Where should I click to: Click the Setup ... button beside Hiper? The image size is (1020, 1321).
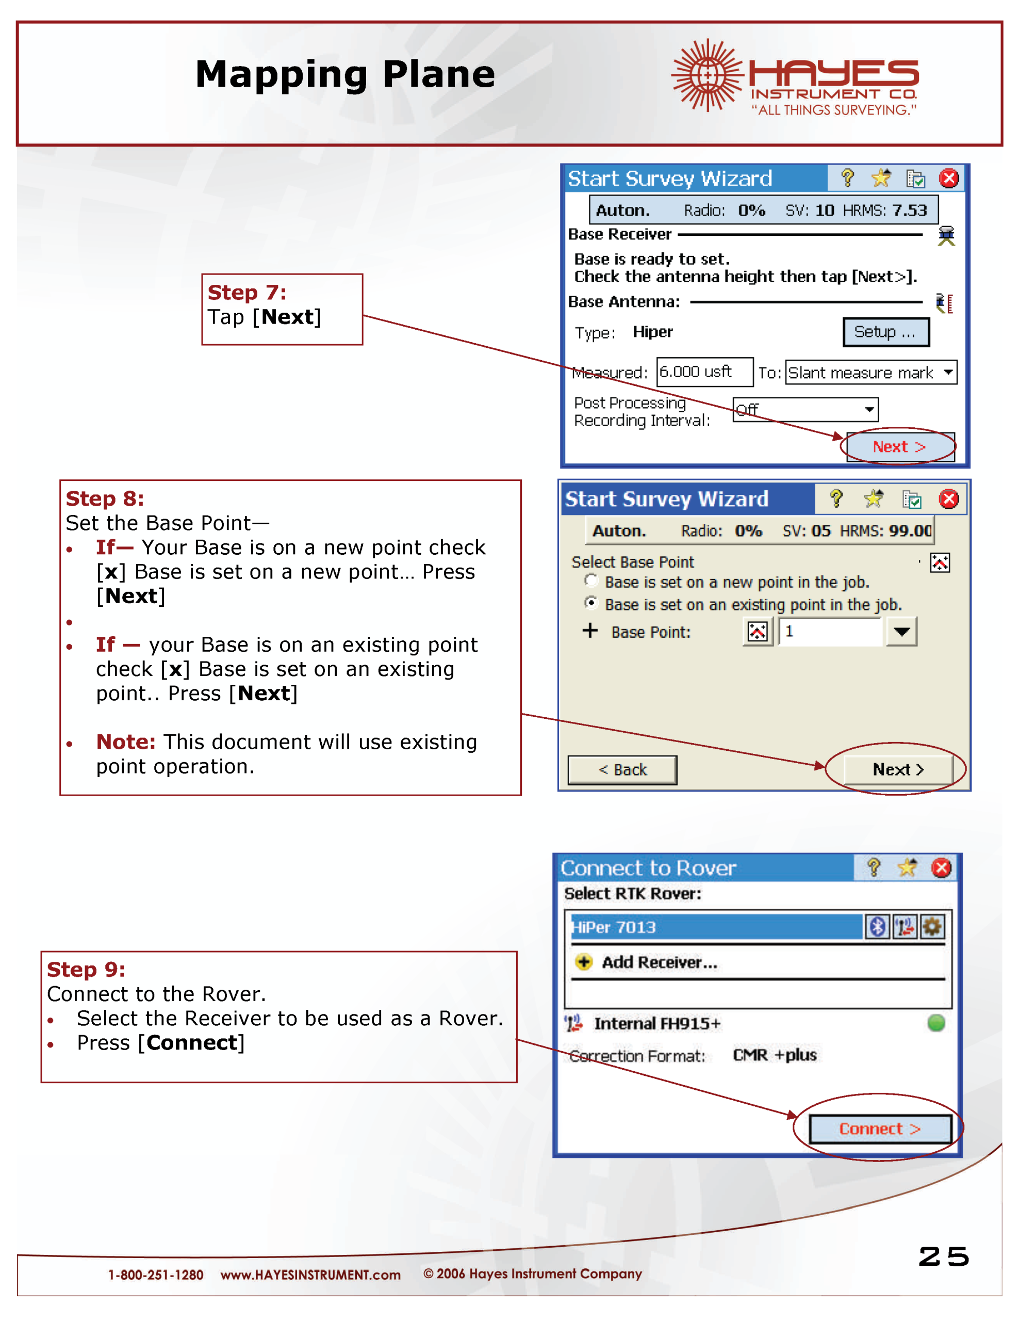point(886,332)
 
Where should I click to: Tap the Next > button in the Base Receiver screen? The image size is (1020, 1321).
point(900,447)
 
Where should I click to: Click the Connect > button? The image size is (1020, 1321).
point(880,1129)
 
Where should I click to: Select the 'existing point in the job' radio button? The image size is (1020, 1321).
point(591,603)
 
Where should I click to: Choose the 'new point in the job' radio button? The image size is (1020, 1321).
point(591,581)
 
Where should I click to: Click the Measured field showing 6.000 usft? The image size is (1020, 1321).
point(704,372)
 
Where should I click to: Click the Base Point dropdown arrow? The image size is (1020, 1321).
point(901,632)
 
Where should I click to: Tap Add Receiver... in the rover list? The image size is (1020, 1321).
point(659,962)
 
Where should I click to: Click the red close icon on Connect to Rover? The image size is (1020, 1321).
point(942,868)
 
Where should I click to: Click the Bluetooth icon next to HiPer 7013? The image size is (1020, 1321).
point(877,927)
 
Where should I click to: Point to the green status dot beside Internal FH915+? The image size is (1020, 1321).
point(936,1023)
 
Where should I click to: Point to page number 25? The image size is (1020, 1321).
point(944,1257)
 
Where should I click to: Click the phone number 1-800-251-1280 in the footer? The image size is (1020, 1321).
point(155,1275)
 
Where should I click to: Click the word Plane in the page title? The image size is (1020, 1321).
point(439,75)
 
